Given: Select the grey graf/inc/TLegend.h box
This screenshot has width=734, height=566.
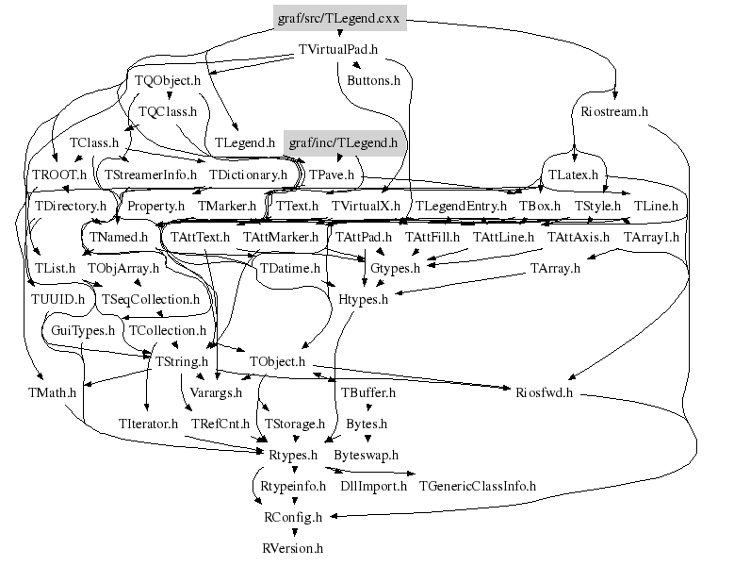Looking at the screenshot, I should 343,143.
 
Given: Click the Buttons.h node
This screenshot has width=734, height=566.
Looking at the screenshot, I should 374,81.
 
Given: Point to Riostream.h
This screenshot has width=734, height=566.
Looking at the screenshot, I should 611,111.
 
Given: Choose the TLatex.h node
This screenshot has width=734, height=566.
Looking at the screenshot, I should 575,174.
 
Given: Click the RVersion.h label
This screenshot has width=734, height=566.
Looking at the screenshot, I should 292,547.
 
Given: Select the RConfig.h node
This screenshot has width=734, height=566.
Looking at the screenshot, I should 292,517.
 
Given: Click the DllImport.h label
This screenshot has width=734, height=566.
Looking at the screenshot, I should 374,486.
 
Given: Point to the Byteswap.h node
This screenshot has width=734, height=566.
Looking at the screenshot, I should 367,455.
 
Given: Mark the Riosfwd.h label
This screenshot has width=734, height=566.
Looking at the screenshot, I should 544,392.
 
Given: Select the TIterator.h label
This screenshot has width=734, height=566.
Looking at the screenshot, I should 149,424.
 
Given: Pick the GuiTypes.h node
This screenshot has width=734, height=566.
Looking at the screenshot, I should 83,331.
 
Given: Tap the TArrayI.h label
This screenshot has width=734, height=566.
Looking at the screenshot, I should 652,237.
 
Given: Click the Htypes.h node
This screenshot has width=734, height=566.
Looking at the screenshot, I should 364,300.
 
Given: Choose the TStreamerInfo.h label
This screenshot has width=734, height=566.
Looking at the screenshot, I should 151,175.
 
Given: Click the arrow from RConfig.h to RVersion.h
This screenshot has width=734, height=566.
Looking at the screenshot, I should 292,532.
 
